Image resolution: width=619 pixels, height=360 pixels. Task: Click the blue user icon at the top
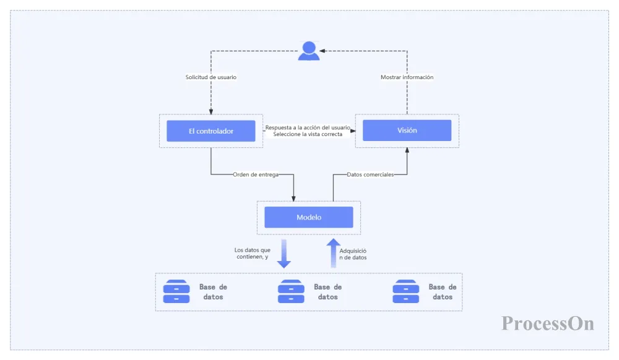click(x=309, y=51)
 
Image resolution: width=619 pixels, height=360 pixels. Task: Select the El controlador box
click(x=211, y=131)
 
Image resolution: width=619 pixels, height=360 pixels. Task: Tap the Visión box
click(x=407, y=131)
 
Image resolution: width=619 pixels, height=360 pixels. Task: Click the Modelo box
click(x=309, y=217)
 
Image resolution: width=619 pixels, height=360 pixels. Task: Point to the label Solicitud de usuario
click(x=211, y=77)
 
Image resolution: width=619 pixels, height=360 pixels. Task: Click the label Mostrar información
click(x=407, y=77)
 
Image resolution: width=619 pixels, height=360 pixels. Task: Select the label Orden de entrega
click(x=256, y=174)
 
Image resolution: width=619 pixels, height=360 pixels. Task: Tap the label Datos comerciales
click(x=370, y=174)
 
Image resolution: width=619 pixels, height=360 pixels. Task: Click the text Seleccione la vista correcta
click(x=308, y=134)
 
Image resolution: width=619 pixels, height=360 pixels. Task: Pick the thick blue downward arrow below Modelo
click(x=284, y=254)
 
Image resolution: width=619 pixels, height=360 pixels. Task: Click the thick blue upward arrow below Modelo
click(x=334, y=253)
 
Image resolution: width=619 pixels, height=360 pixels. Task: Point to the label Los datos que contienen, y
click(x=253, y=253)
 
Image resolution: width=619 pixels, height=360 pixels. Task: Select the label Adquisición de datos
click(x=353, y=254)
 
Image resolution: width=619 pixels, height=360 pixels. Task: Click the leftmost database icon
click(x=176, y=291)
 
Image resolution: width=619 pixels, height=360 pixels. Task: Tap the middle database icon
click(x=291, y=291)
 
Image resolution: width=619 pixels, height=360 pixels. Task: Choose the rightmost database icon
click(x=406, y=291)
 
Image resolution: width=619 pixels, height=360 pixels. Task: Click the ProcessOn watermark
click(x=548, y=323)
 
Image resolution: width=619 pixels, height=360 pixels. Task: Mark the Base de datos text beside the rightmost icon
click(x=443, y=292)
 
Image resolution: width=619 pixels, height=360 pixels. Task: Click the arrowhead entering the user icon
click(x=322, y=51)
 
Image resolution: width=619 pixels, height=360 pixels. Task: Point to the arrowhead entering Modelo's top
click(x=293, y=199)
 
